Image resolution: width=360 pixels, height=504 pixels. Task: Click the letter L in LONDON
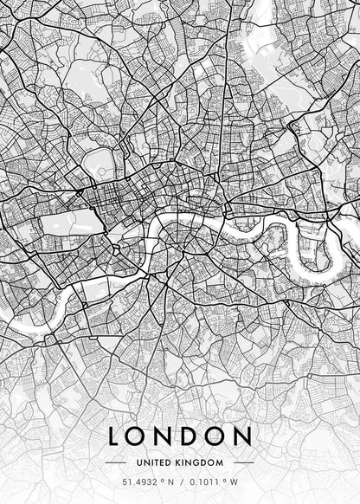[116, 436]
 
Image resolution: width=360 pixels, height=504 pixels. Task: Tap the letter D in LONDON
[200, 436]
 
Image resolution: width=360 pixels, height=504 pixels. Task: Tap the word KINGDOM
[201, 462]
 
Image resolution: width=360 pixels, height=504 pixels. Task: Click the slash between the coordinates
[180, 481]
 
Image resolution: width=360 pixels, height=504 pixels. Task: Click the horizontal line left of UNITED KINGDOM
[117, 462]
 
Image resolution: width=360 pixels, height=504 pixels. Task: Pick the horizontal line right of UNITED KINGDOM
[242, 462]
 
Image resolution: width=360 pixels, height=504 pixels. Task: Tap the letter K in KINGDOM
[181, 462]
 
